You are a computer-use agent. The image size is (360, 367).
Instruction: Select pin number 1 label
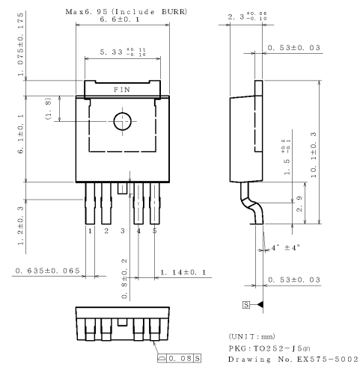pos(90,232)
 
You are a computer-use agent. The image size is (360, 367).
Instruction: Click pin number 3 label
pos(123,232)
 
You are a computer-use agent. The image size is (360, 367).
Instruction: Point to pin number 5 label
pos(154,232)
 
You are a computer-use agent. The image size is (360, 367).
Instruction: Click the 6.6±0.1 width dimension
pos(123,19)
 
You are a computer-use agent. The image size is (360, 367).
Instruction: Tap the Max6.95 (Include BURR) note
pos(126,10)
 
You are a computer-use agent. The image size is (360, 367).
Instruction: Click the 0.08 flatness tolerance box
pos(180,354)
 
